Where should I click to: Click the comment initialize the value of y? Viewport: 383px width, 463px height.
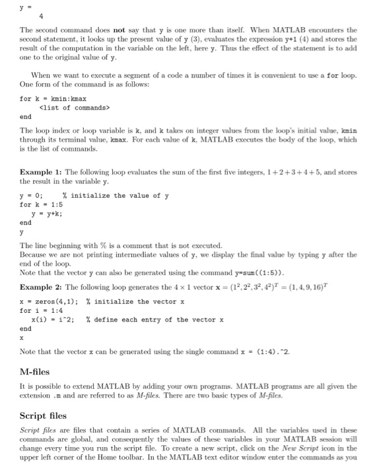pos(120,195)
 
